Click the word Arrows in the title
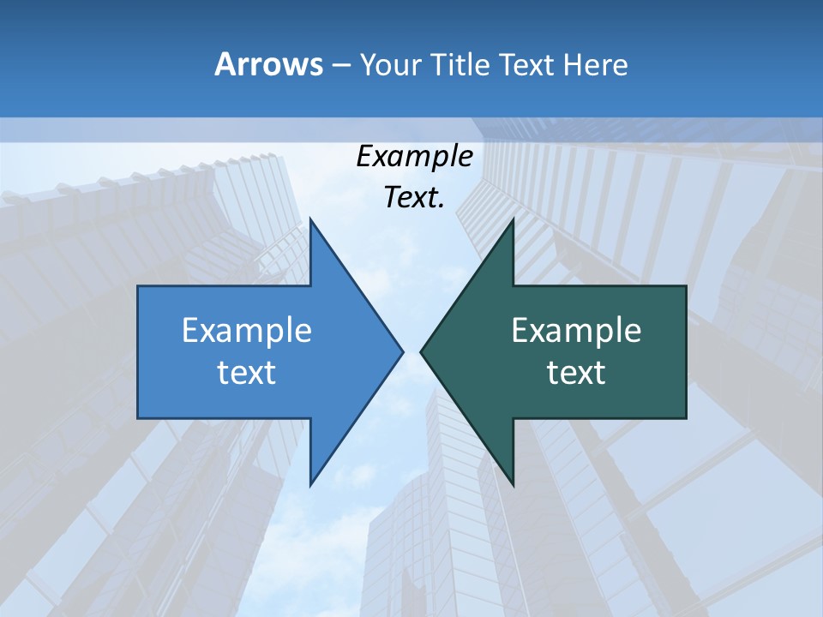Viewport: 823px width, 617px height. (x=267, y=64)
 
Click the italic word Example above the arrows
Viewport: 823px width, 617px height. (x=414, y=157)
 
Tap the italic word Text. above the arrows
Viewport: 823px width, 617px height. (x=414, y=198)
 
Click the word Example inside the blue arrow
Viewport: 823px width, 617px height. (x=247, y=331)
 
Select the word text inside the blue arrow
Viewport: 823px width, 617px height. (x=247, y=373)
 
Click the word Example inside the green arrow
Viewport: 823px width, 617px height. (x=576, y=331)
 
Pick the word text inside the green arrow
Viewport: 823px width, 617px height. (x=576, y=373)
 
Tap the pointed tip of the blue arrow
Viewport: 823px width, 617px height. (x=403, y=351)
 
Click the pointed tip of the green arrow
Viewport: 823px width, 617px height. (x=421, y=351)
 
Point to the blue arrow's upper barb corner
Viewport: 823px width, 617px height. (x=310, y=219)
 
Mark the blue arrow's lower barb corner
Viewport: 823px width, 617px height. (x=310, y=485)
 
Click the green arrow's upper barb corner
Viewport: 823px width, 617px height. (x=513, y=219)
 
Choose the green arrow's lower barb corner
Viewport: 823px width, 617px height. (x=513, y=485)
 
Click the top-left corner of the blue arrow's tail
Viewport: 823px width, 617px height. (x=138, y=286)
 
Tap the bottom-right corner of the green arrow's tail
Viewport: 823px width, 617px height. (x=686, y=418)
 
